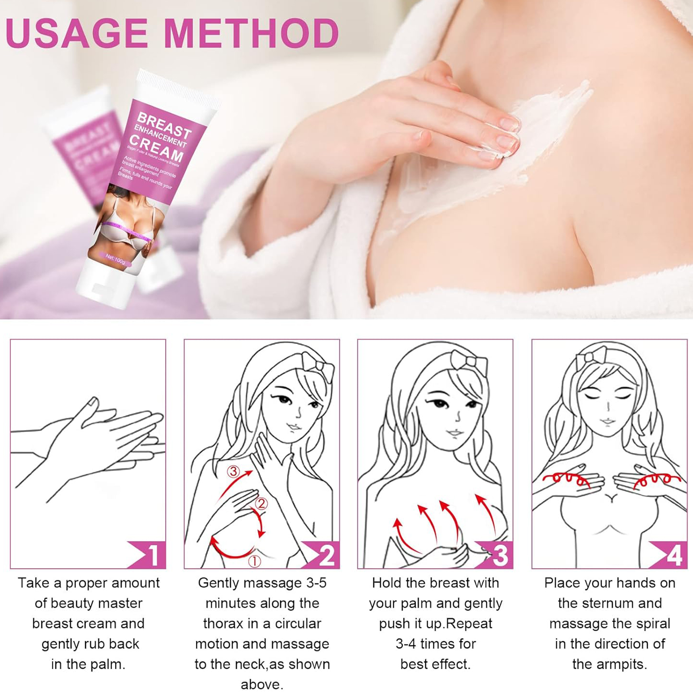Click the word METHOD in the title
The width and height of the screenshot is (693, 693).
pos(252,34)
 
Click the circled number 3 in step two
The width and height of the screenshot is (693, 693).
pos(233,471)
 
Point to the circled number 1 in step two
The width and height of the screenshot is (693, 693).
pos(254,561)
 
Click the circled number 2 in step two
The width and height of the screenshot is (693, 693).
pos(262,504)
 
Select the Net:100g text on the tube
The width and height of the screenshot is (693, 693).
pos(115,259)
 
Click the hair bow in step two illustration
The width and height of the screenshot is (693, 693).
pos(318,367)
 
